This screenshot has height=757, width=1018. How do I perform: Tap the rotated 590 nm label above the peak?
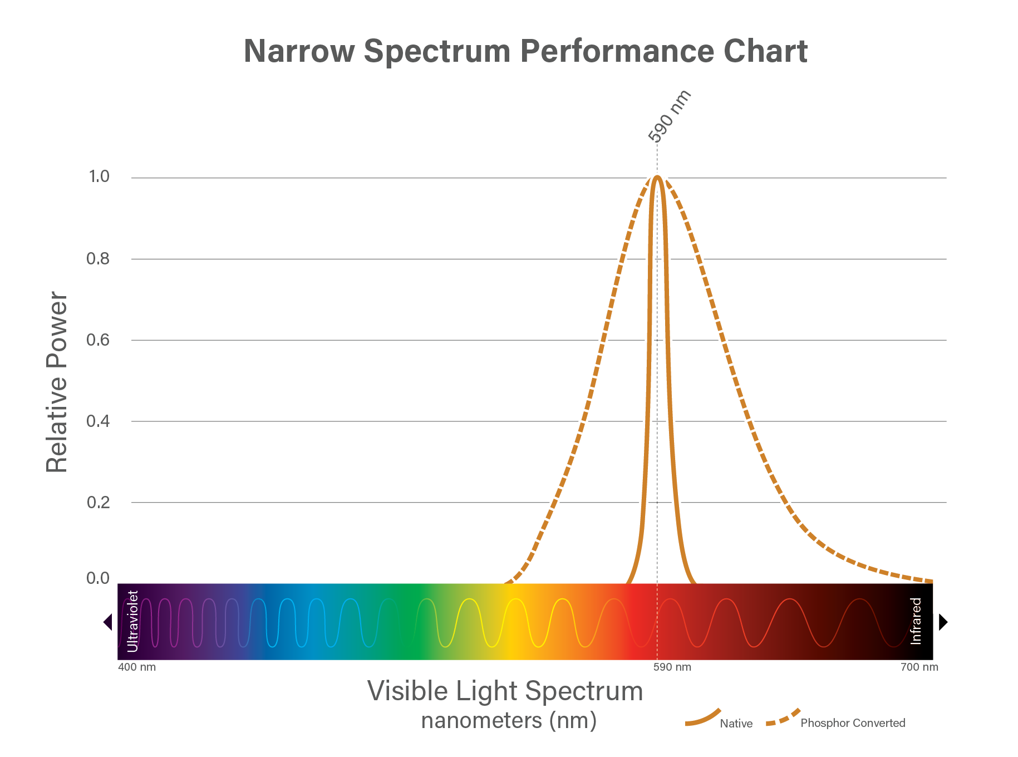click(x=670, y=116)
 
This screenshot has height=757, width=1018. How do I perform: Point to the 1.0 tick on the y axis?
click(x=99, y=177)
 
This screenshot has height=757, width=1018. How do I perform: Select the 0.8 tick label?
click(x=98, y=259)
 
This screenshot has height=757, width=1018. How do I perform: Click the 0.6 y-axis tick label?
click(x=98, y=340)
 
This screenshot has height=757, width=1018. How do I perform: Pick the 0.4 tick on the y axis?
click(x=98, y=421)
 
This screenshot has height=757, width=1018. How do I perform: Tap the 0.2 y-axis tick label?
click(x=98, y=503)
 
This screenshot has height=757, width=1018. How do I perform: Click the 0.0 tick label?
click(x=98, y=578)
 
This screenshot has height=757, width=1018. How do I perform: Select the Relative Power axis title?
click(x=57, y=382)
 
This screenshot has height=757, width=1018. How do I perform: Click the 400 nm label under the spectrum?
click(x=137, y=667)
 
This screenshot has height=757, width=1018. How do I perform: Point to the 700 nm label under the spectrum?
click(x=919, y=667)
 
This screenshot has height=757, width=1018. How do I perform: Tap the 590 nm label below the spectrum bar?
click(x=672, y=667)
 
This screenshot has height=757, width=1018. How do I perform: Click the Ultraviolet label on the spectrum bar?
click(x=132, y=621)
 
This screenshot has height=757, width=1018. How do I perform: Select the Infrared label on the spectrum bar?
click(x=916, y=621)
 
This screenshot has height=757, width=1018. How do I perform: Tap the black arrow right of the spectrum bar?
click(x=943, y=622)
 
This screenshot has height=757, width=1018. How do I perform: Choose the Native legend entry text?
click(x=736, y=724)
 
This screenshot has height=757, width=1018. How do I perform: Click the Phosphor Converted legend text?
click(x=853, y=723)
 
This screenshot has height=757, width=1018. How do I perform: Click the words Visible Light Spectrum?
click(x=505, y=692)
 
